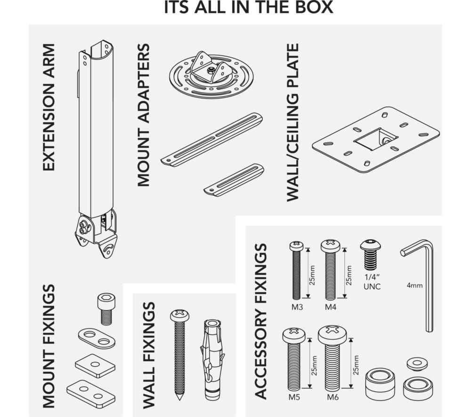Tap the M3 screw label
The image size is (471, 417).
coord(297,307)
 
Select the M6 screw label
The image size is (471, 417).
coord(333,397)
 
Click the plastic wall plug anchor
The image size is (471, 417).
coord(212,359)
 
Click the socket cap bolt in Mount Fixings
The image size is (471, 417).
coord(106,309)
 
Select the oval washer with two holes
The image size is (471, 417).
coord(97,338)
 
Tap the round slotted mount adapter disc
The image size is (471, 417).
coord(212,75)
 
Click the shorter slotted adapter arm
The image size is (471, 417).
coord(234,180)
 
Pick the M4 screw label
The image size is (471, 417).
coord(331,307)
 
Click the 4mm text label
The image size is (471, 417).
coord(414,285)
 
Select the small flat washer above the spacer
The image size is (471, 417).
coord(417,363)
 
